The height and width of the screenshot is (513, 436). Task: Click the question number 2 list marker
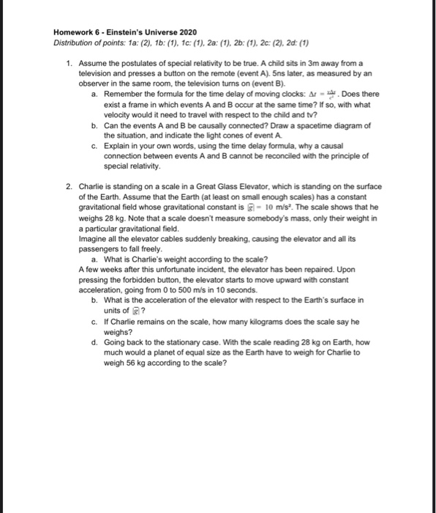click(68, 187)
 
